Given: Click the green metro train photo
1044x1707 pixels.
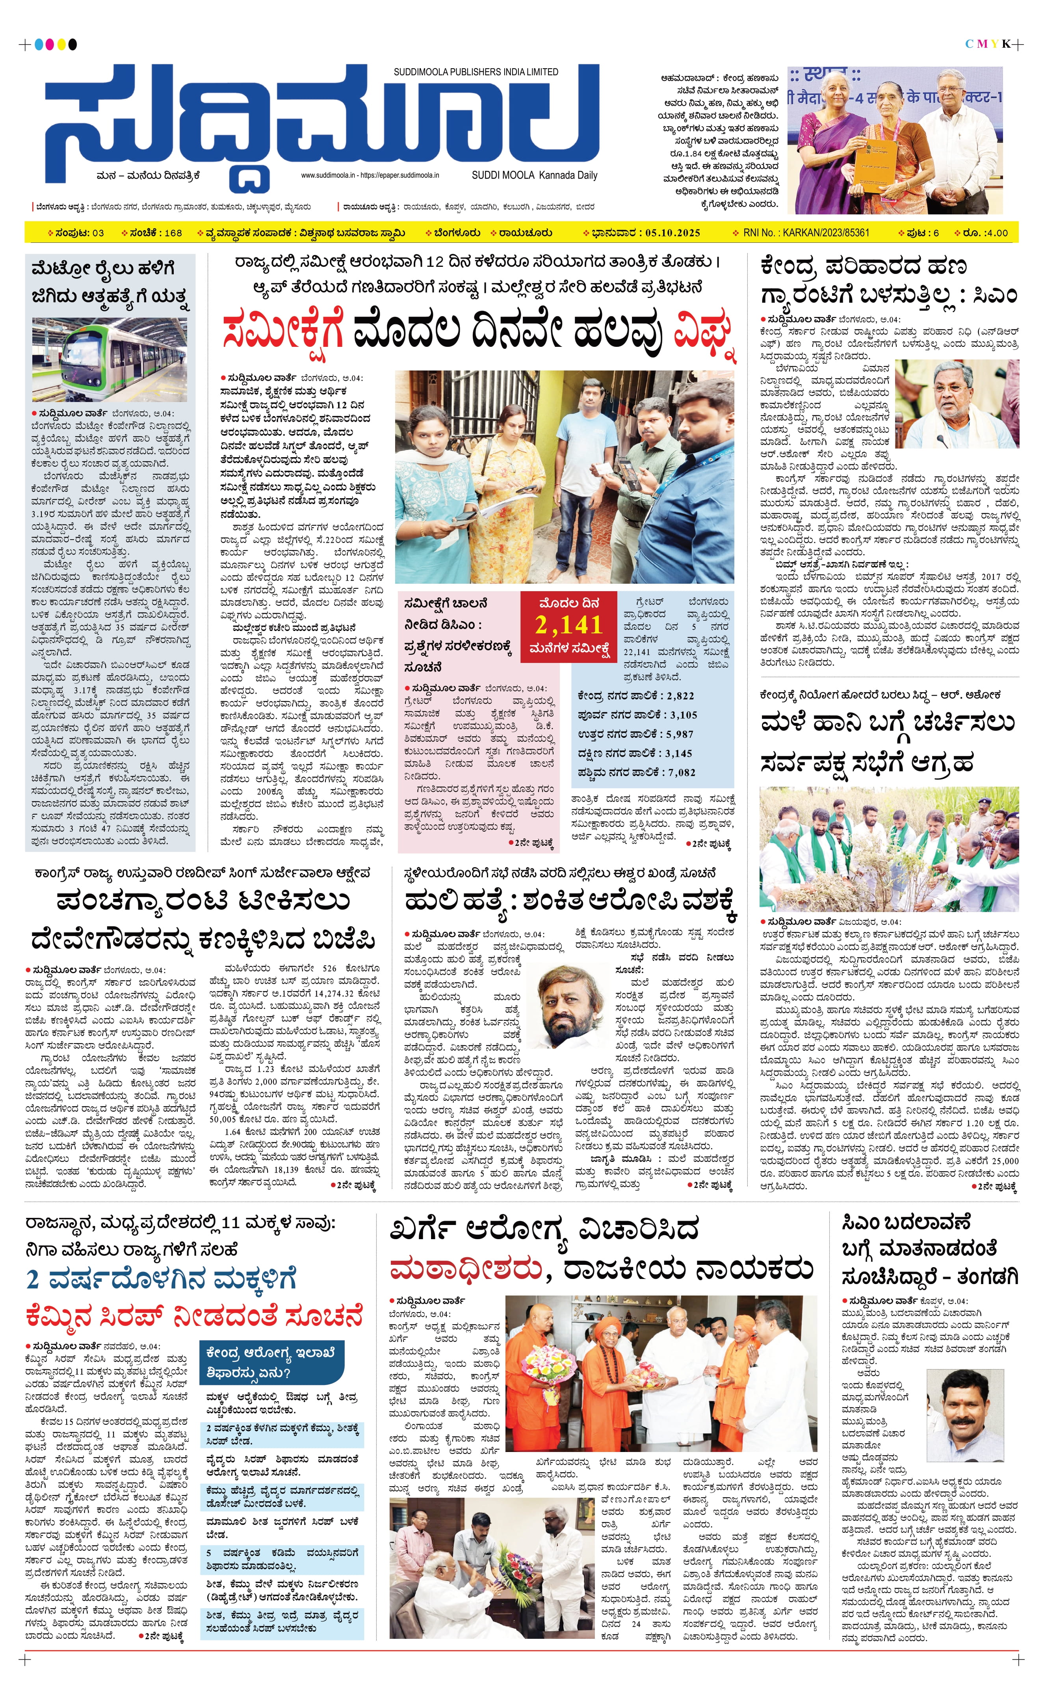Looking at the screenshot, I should coord(110,359).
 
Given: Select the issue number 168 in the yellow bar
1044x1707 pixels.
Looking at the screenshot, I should coord(173,233).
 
